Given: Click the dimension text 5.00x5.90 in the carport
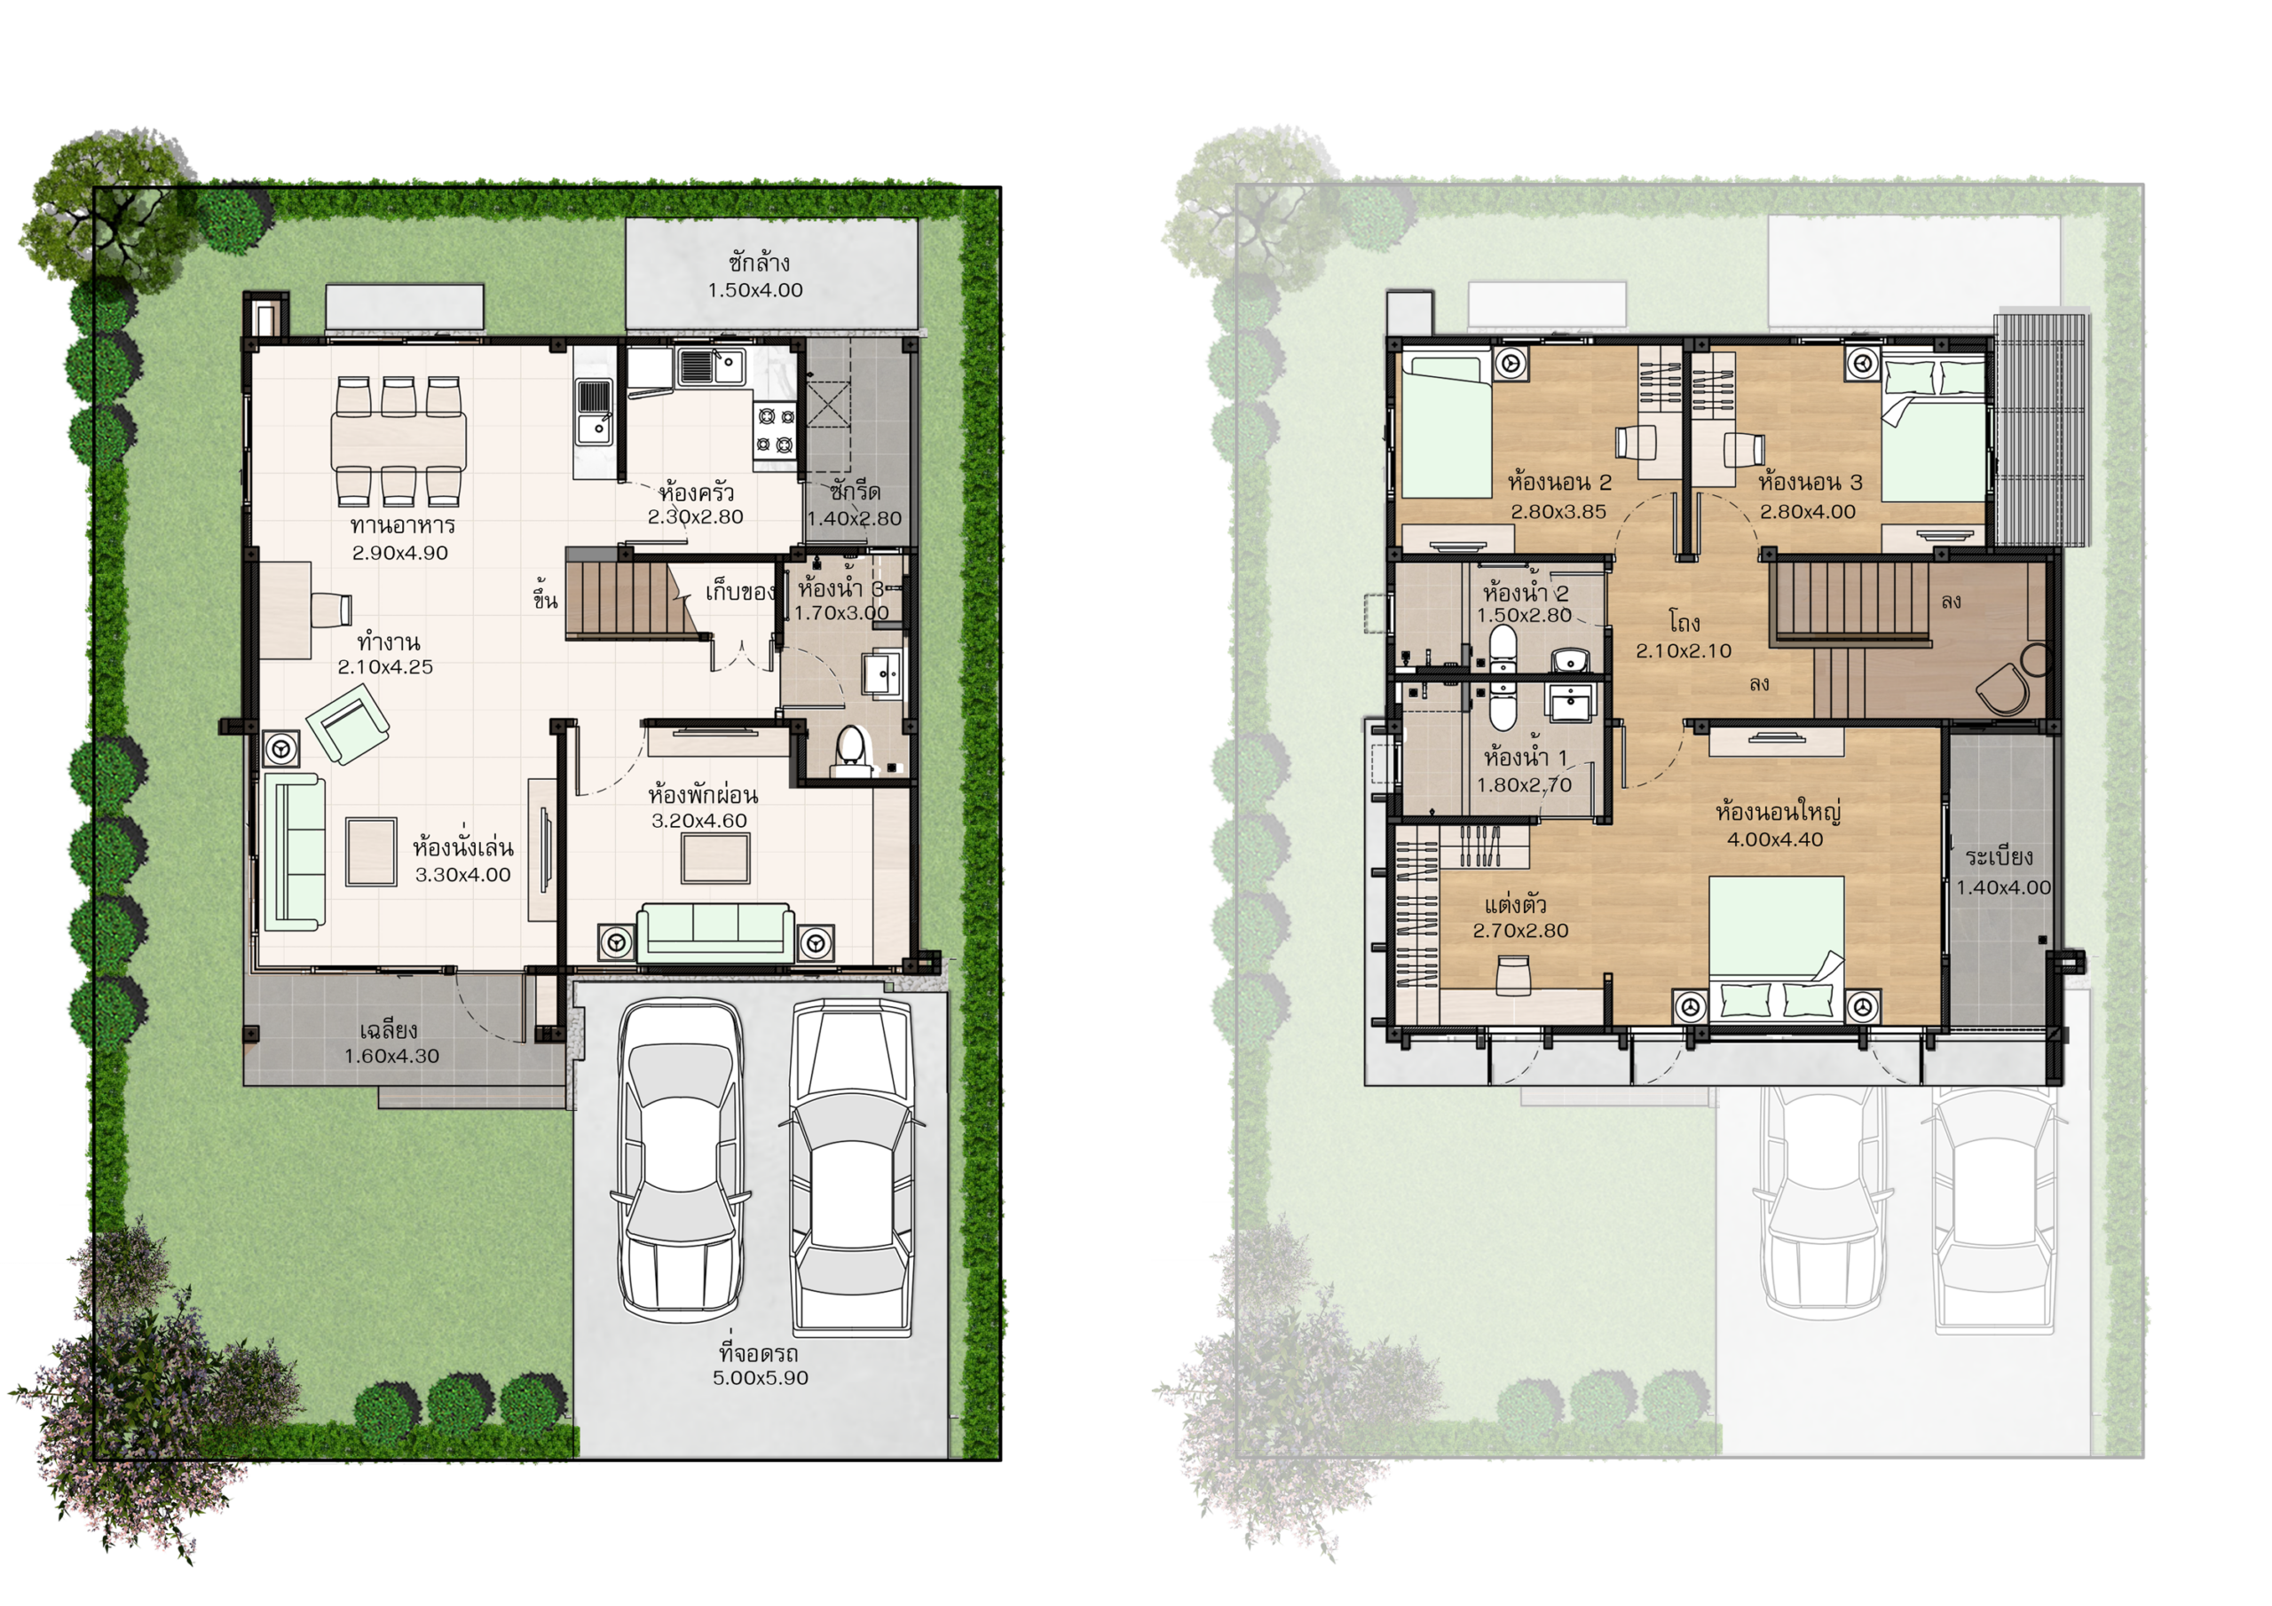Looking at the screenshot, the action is (760, 1377).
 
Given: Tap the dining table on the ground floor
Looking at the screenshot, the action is (398, 440).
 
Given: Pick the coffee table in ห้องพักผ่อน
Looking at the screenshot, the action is (715, 857).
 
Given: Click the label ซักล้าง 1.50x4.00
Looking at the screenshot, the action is (756, 276).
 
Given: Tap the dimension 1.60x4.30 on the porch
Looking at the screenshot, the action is (392, 1056).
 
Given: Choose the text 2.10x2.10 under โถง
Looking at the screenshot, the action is (1684, 651).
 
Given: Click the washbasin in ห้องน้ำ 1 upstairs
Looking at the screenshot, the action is (1570, 704).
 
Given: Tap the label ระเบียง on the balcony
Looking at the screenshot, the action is (1999, 857).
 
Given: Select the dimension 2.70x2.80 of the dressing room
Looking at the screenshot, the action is (1521, 930).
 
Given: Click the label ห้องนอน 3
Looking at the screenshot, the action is (1810, 483).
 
